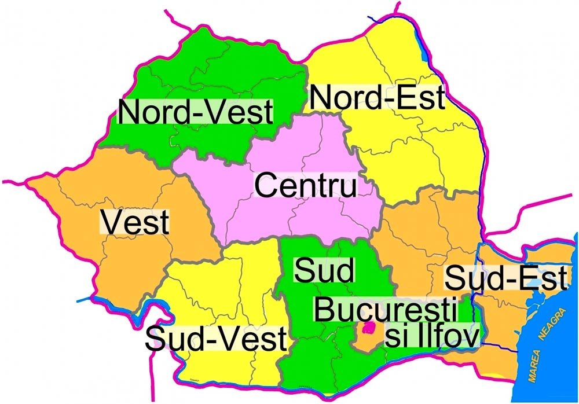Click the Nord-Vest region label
(196, 112)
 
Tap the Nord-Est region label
(377, 98)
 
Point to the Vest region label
(135, 223)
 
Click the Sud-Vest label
(216, 339)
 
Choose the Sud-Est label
(505, 280)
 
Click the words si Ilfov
(433, 336)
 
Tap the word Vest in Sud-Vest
(253, 339)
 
